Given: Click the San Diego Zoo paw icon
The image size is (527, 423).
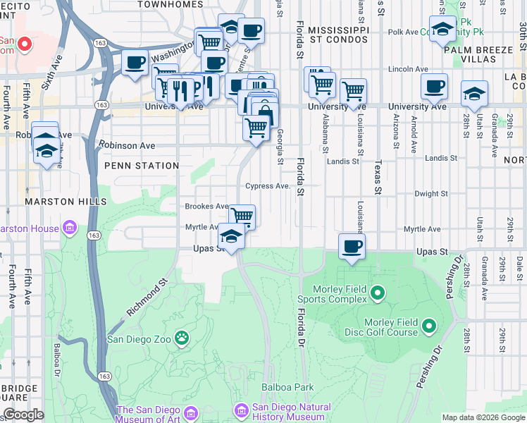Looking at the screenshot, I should click(x=182, y=338).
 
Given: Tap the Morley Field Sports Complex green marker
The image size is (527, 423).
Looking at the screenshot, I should click(x=377, y=292).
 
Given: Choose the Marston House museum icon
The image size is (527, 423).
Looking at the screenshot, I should click(x=69, y=228).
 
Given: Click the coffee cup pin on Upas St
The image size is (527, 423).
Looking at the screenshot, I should click(x=352, y=246).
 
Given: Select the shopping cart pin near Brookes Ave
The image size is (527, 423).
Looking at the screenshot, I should click(x=242, y=215).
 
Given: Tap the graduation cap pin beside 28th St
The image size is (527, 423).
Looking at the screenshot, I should click(x=474, y=94).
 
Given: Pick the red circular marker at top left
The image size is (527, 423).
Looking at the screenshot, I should click(x=24, y=44).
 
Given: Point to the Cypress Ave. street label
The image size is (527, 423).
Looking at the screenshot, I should click(x=268, y=186).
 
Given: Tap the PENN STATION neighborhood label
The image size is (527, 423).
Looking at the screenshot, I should click(x=142, y=166).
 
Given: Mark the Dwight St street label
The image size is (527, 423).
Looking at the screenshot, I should click(x=430, y=193).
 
